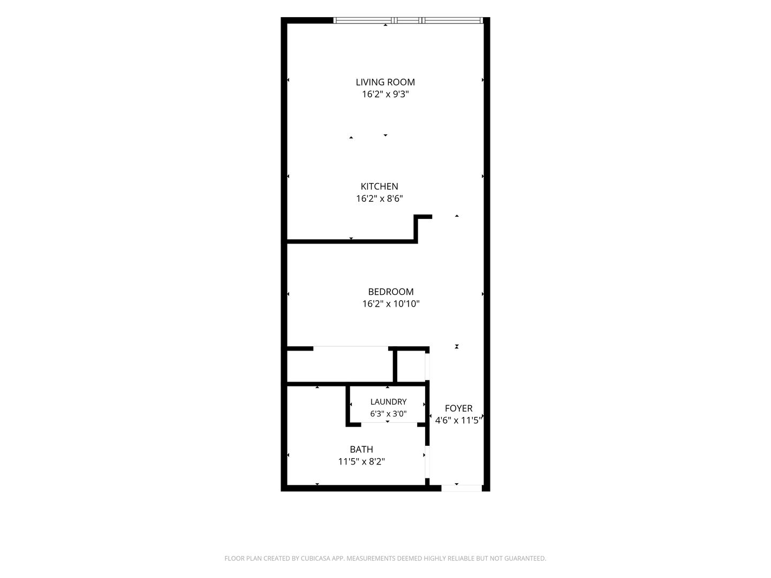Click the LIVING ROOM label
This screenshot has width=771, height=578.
pyautogui.click(x=385, y=82)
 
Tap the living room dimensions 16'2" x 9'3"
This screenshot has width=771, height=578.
pyautogui.click(x=385, y=94)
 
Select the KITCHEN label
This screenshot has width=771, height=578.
pyautogui.click(x=380, y=186)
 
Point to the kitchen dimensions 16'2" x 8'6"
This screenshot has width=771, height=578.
pyautogui.click(x=380, y=198)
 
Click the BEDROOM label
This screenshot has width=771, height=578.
pyautogui.click(x=391, y=292)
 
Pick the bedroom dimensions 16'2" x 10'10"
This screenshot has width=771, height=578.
pyautogui.click(x=391, y=303)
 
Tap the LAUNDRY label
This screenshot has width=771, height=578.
pyautogui.click(x=388, y=401)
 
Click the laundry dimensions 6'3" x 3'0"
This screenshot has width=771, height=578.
pyautogui.click(x=388, y=413)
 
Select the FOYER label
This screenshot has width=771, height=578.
pyautogui.click(x=458, y=408)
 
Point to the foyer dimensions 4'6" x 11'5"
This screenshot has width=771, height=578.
pyautogui.click(x=458, y=420)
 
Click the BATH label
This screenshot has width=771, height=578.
pyautogui.click(x=361, y=449)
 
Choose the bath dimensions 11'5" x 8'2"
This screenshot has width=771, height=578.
pyautogui.click(x=361, y=461)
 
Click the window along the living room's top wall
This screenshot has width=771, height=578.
pyautogui.click(x=408, y=20)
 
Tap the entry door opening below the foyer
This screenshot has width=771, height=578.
pyautogui.click(x=461, y=488)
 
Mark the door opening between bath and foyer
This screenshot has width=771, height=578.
pyautogui.click(x=427, y=461)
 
